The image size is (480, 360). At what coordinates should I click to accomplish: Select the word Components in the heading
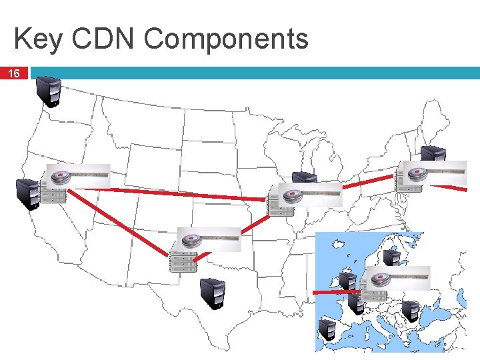225,39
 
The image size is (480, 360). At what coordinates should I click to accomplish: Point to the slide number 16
14,73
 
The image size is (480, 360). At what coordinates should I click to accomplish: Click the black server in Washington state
49,91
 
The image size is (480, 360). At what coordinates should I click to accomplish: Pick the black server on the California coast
28,193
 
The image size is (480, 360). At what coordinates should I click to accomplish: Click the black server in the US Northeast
433,155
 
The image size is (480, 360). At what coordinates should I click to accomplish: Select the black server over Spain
327,331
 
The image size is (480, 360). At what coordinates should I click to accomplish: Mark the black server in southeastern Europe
410,311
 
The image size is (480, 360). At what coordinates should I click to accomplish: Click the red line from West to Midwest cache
167,194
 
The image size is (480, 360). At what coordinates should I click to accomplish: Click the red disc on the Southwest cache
191,239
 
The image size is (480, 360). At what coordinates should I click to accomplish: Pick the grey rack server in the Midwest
280,203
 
